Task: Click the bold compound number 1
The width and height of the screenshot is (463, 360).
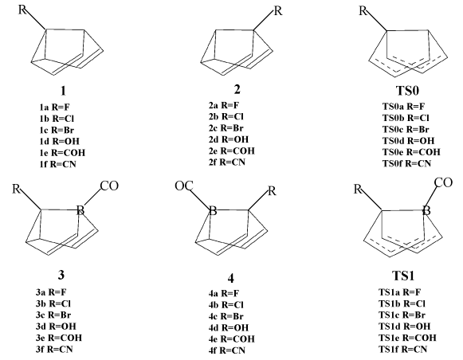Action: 63,91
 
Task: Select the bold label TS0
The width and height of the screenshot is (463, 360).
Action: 407,90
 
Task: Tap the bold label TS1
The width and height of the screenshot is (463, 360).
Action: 403,276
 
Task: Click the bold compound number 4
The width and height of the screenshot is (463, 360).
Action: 231,278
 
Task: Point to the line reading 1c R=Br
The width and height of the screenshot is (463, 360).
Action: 57,130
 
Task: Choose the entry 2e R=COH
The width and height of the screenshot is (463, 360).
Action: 231,151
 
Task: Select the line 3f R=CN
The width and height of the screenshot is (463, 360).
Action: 54,350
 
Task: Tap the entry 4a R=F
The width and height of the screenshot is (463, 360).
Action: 224,293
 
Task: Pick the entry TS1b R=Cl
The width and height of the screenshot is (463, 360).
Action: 402,303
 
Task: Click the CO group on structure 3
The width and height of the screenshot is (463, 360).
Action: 109,186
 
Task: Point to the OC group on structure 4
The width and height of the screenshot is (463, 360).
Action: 184,186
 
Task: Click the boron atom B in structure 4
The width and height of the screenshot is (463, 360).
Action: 213,211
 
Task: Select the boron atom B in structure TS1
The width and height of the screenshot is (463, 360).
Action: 426,210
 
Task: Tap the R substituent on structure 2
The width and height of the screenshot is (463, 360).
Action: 278,11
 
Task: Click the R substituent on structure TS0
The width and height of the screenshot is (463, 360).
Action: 363,11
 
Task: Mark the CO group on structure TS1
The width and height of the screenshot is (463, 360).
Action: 443,182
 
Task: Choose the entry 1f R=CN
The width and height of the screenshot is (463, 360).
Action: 58,164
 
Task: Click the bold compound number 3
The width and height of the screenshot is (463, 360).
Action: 61,275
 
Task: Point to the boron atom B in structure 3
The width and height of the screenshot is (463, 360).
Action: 80,210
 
